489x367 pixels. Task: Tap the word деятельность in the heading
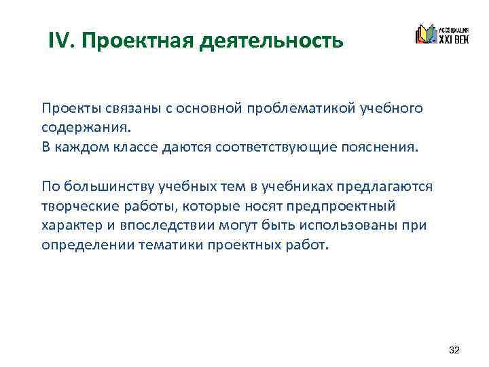click(272, 40)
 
